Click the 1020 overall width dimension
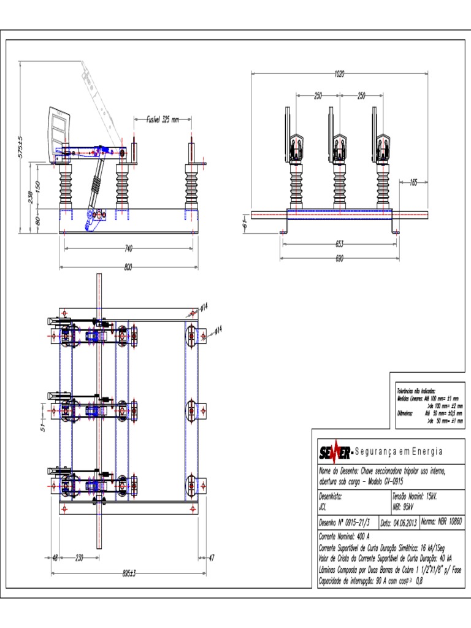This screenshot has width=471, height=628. point(339,74)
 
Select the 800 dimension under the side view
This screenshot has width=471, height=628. point(128,267)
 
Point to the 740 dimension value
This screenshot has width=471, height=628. point(128,248)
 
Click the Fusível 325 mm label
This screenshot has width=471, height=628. point(162,120)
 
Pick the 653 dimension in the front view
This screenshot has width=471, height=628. point(339,243)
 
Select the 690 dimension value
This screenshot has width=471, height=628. point(339,258)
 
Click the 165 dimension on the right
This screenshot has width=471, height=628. point(413,182)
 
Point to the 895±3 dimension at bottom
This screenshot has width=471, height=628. point(128,573)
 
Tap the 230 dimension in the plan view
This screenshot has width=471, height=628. point(79,557)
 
